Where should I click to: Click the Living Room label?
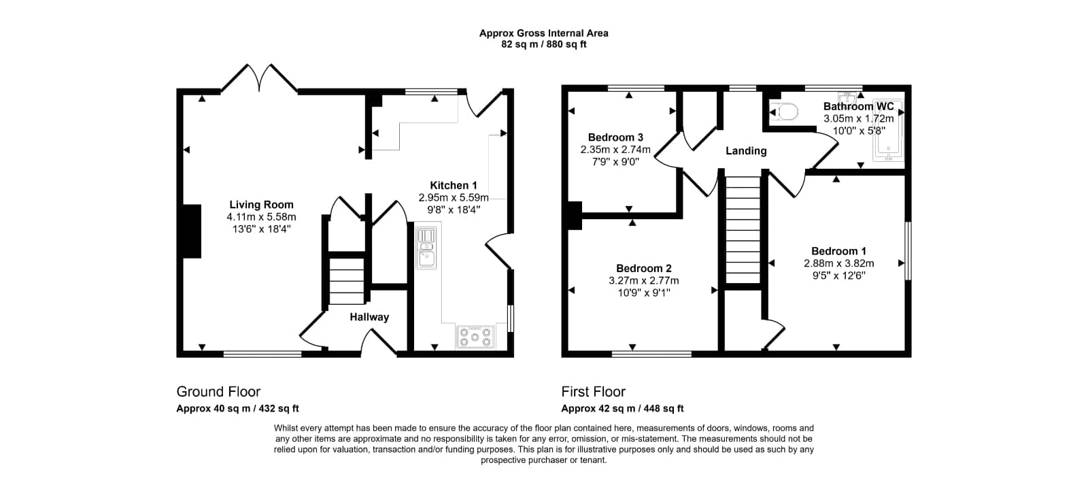261,205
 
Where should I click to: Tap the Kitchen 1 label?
454,185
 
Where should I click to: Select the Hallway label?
369,317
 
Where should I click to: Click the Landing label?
746,151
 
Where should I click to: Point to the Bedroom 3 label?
615,137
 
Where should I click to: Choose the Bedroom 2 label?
643,268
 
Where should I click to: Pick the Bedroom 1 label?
839,251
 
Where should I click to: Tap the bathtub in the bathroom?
888,130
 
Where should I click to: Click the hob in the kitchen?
475,337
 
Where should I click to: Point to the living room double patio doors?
259,78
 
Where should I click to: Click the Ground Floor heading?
218,391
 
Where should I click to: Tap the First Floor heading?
593,391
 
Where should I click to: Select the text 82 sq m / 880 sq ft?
543,45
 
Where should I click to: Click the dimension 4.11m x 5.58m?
261,217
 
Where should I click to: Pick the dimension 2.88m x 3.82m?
839,263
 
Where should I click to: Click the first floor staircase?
743,229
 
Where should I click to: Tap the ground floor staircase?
347,281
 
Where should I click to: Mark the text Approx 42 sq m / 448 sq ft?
622,408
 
